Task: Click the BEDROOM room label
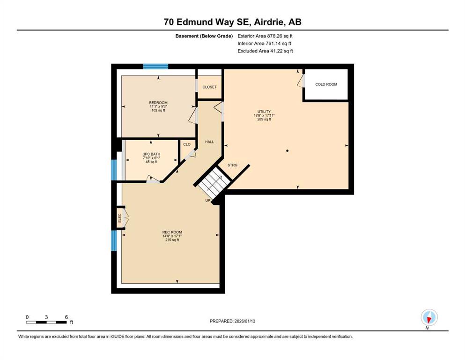158,103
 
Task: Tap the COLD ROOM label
326,84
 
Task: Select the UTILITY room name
264,112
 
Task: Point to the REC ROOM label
172,232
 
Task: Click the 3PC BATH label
152,154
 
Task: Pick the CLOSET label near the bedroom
209,87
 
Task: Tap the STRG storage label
232,165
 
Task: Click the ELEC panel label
120,218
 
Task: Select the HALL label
209,142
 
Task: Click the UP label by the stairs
208,201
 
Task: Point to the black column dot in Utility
287,151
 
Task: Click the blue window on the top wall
155,67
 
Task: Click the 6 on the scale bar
66,317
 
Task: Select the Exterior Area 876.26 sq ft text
265,36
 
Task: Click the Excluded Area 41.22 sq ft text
265,51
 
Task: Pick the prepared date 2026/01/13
244,321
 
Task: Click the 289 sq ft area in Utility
264,120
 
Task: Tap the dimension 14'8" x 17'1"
172,236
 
